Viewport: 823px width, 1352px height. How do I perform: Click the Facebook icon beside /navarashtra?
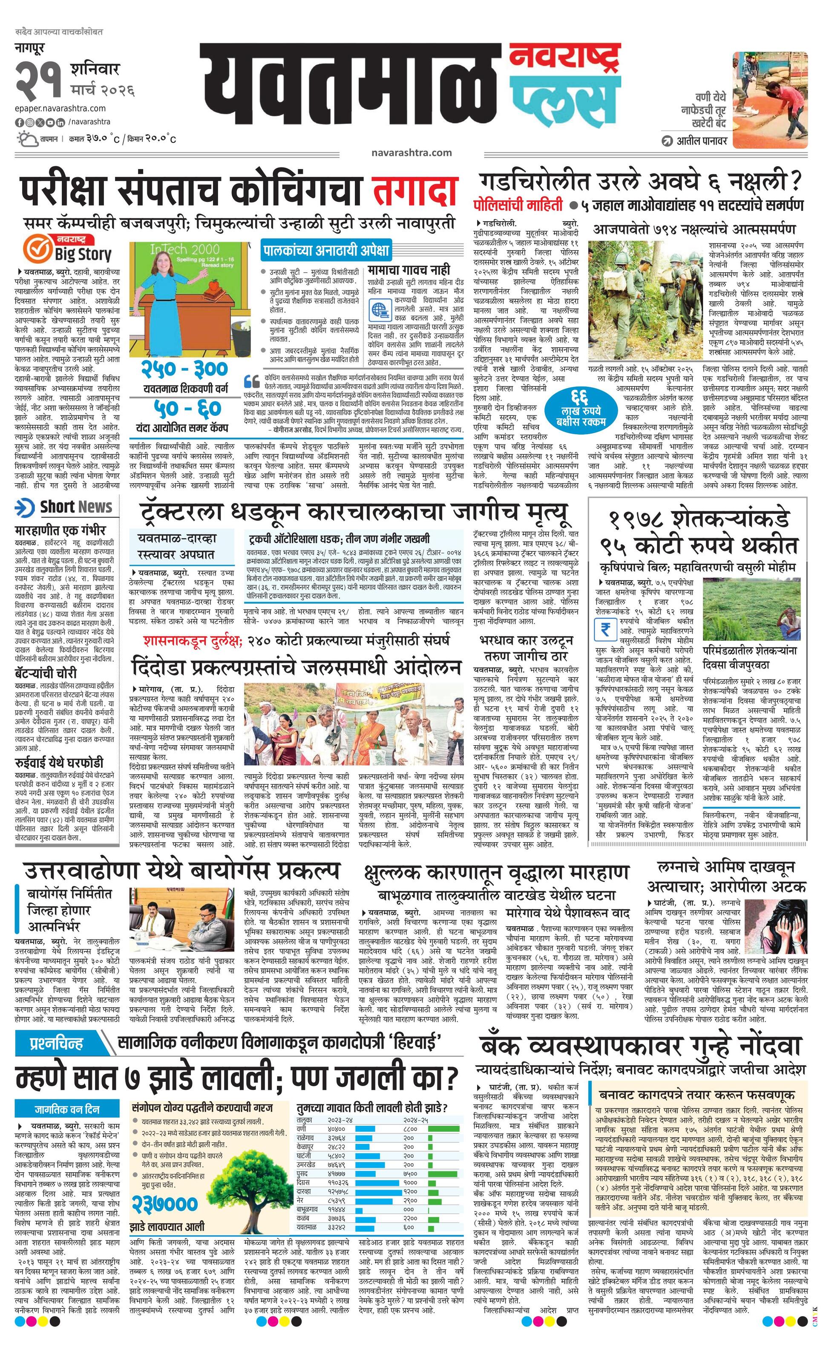pos(19,122)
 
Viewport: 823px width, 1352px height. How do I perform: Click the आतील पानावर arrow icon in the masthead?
pos(667,141)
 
